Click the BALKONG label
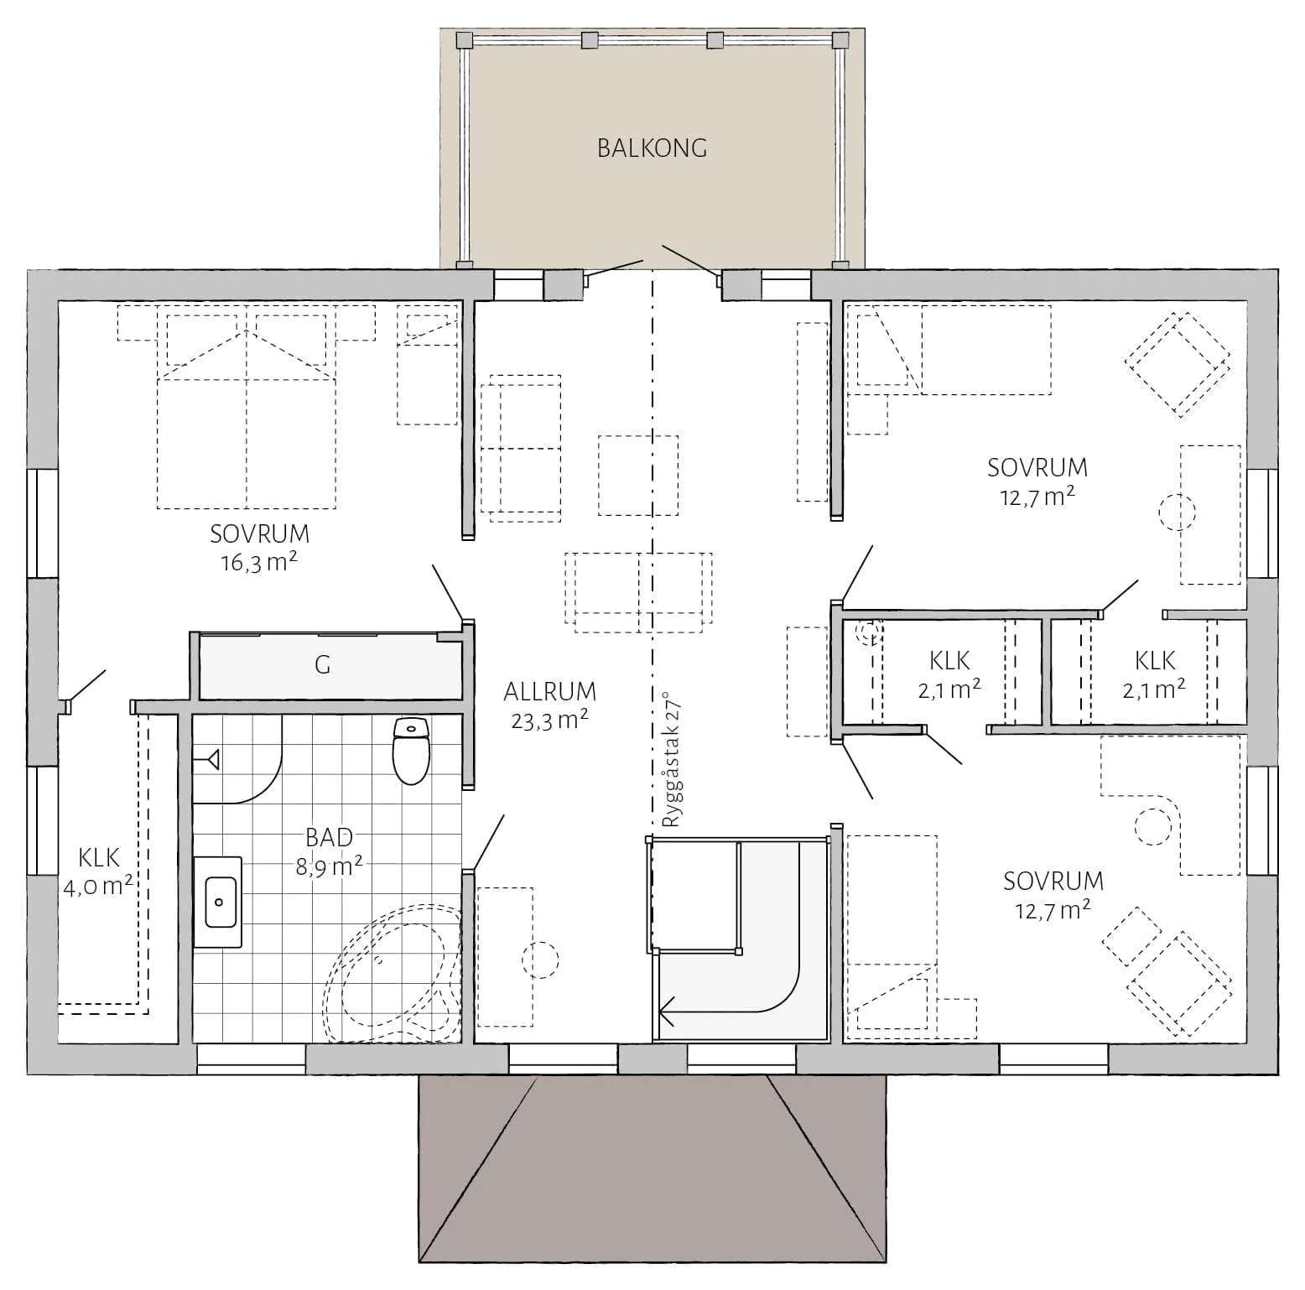(x=652, y=148)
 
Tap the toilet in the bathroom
(x=411, y=750)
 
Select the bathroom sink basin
(x=219, y=902)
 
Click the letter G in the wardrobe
(x=322, y=665)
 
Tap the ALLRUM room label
(x=550, y=692)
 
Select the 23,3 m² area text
(x=550, y=720)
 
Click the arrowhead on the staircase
(x=668, y=1010)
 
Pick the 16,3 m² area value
(x=259, y=561)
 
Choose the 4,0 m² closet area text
(x=98, y=886)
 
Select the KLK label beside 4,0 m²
(x=99, y=857)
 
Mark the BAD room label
(x=329, y=837)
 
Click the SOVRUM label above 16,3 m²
(x=259, y=533)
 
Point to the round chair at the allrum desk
(x=540, y=960)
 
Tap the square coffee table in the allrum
(x=638, y=475)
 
